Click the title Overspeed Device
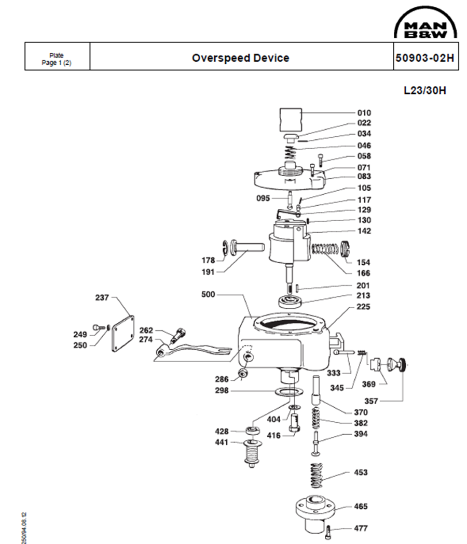(x=240, y=58)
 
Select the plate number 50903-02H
(x=424, y=58)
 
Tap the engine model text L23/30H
(x=425, y=90)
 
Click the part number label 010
(x=364, y=113)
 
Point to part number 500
(x=209, y=294)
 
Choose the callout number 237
(x=102, y=297)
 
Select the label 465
(x=361, y=506)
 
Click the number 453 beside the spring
(x=361, y=473)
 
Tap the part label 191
(x=209, y=271)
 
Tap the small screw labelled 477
(x=329, y=531)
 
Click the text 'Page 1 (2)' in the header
(x=57, y=62)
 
